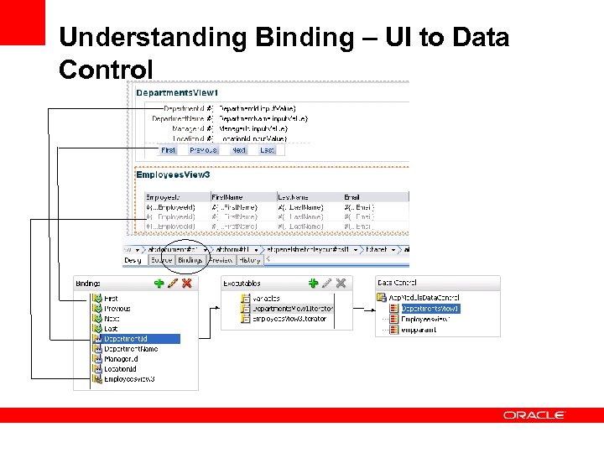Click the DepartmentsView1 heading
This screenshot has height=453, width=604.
177,92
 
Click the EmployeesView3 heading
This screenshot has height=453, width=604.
174,175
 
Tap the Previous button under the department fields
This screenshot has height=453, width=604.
203,150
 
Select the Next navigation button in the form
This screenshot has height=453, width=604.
239,150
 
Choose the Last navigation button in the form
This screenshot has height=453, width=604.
267,150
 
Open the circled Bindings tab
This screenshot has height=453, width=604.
190,260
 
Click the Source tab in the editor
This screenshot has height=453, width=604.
161,260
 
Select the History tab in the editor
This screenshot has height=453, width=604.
249,260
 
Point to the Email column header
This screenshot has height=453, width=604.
352,196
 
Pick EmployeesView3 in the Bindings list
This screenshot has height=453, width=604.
129,379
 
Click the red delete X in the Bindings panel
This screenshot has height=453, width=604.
187,284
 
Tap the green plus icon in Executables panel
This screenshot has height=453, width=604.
313,284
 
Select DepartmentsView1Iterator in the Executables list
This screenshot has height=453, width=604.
293,309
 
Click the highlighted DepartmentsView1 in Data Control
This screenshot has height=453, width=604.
430,309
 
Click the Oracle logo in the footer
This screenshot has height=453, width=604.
534,415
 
